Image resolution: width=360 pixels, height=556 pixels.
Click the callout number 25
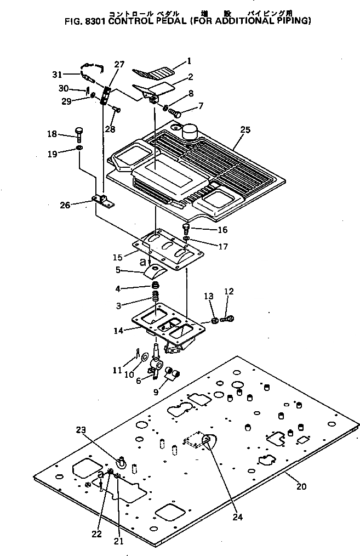(245, 130)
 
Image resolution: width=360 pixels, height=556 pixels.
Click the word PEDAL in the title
(166, 21)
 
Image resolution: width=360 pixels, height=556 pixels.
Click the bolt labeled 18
(79, 133)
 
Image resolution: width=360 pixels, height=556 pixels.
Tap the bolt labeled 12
(230, 318)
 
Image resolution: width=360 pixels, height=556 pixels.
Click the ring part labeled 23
(122, 463)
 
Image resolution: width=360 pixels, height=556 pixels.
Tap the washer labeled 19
(79, 148)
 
